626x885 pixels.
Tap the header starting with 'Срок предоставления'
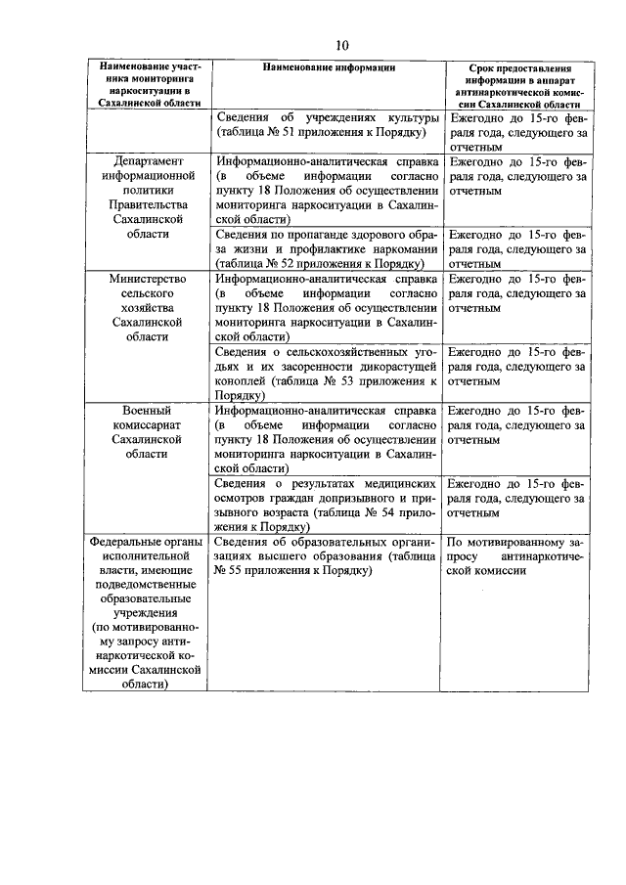520,68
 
